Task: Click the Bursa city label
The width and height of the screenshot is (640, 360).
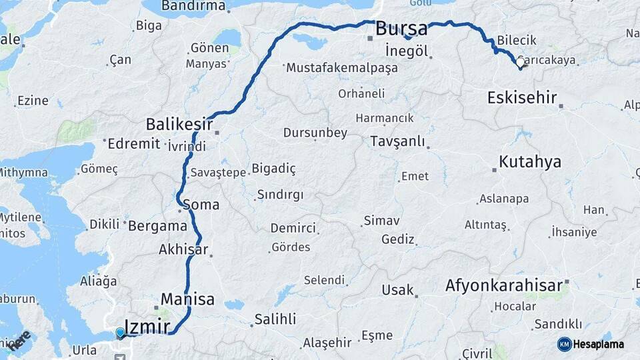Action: tap(401, 29)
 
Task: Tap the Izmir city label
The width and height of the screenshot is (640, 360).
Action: tap(147, 325)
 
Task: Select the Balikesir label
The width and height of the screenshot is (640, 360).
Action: tap(179, 124)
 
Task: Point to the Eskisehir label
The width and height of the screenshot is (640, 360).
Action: tap(521, 98)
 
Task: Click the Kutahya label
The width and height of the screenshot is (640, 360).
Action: tap(530, 161)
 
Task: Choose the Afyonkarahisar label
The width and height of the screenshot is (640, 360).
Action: tap(503, 286)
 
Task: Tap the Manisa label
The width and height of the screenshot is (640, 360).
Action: tap(187, 299)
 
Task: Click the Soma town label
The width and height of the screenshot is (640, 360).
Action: tap(200, 205)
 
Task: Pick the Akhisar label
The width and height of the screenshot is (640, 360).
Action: tap(184, 250)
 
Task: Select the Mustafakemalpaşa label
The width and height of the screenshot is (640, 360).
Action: tap(342, 68)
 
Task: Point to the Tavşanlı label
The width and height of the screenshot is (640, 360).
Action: tap(397, 141)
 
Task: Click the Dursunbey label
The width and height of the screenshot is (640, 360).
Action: tap(315, 133)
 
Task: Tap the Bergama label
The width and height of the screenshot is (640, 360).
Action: tap(157, 225)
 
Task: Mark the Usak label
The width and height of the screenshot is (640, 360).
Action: tap(397, 290)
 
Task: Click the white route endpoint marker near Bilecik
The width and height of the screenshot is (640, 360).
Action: tap(520, 63)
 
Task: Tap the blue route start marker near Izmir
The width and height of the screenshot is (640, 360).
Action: tap(120, 333)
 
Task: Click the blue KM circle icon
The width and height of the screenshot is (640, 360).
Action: tap(564, 344)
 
